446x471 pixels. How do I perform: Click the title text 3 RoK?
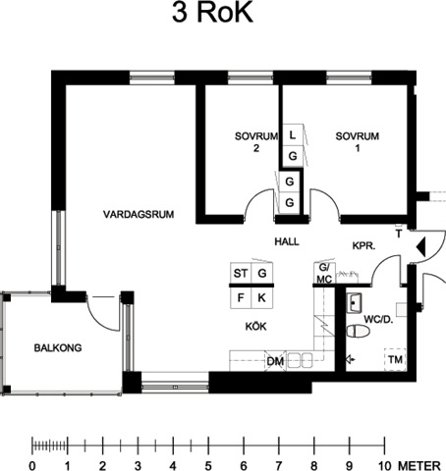212,13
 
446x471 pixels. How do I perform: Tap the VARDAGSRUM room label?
139,215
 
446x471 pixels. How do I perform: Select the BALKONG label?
58,347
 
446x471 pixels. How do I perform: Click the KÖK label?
256,326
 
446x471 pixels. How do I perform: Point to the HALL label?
287,241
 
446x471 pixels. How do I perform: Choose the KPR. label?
363,245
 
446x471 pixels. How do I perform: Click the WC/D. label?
378,319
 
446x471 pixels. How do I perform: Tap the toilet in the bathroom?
359,331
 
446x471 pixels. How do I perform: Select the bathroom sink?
354,303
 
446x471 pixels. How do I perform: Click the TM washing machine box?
395,359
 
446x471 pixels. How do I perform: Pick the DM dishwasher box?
275,361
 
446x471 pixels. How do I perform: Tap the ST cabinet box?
241,273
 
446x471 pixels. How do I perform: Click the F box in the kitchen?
241,297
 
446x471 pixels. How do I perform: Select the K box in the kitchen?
262,297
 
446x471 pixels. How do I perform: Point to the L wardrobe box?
293,134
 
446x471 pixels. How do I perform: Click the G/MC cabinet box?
324,273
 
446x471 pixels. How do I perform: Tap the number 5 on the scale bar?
208,465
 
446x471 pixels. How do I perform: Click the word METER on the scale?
419,465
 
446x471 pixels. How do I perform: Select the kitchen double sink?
301,360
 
